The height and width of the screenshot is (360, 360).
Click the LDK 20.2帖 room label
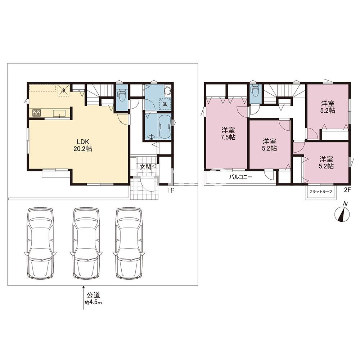(83, 145)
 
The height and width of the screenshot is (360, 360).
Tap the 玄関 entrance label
(145, 167)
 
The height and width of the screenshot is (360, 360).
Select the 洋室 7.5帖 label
(228, 134)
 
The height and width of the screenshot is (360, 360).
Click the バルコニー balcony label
(240, 177)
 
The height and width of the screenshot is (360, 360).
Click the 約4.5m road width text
(93, 302)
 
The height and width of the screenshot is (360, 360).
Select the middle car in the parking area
(86, 243)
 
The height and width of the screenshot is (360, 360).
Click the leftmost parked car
(40, 243)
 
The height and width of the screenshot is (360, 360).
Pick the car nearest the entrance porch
(129, 243)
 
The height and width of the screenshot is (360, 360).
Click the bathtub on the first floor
(164, 126)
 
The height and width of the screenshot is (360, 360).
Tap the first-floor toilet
(121, 94)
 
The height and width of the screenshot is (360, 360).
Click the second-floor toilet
(255, 91)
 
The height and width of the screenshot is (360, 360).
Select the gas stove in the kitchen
(36, 113)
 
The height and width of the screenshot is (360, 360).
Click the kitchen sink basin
(60, 113)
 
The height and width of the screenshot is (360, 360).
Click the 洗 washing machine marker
(165, 104)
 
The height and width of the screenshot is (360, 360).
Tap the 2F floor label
(347, 190)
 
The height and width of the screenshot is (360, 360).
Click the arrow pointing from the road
(84, 298)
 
